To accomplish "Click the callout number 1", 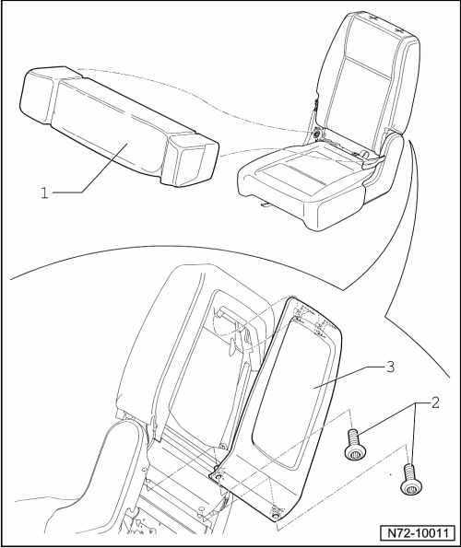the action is pos(44,192).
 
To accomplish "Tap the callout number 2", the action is pos(435,403).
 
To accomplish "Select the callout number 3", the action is pos(390,367).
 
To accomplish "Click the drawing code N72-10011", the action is pos(419,533).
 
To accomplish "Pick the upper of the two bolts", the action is pos(355,444).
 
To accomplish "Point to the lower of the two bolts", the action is pos(411,479).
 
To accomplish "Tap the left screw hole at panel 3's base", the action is pos(219,477).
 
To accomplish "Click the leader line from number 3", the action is pos(349,378).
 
